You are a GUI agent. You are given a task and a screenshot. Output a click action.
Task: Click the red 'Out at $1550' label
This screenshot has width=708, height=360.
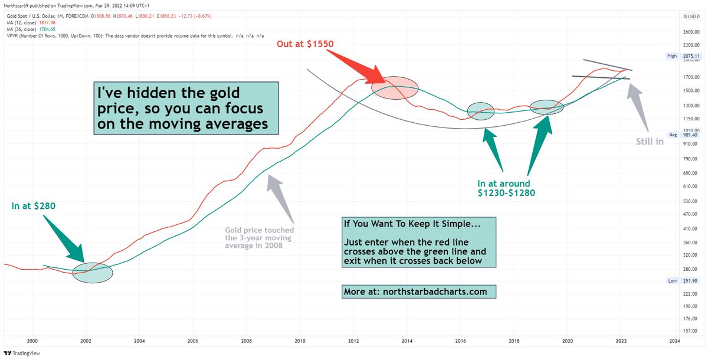pyautogui.click(x=305, y=44)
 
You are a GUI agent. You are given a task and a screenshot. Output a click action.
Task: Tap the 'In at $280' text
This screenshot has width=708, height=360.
pyautogui.click(x=34, y=206)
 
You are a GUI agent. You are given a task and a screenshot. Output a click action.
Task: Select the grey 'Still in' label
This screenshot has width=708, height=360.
pyautogui.click(x=650, y=142)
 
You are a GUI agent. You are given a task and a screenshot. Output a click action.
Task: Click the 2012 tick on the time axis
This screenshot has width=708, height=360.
pyautogui.click(x=353, y=341)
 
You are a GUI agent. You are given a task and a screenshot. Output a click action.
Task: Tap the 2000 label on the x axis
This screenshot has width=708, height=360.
pyautogui.click(x=32, y=341)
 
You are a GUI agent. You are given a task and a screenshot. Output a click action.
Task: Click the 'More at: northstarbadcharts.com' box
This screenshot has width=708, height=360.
pyautogui.click(x=419, y=292)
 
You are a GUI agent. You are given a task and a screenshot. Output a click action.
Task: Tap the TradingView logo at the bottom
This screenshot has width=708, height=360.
pyautogui.click(x=22, y=353)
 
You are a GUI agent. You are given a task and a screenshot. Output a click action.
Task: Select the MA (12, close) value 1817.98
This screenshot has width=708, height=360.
pyautogui.click(x=47, y=23)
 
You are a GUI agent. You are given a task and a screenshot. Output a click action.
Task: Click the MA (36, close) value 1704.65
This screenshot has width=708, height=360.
pyautogui.click(x=47, y=30)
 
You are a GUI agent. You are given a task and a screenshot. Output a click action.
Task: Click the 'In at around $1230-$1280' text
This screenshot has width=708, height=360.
pyautogui.click(x=506, y=188)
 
